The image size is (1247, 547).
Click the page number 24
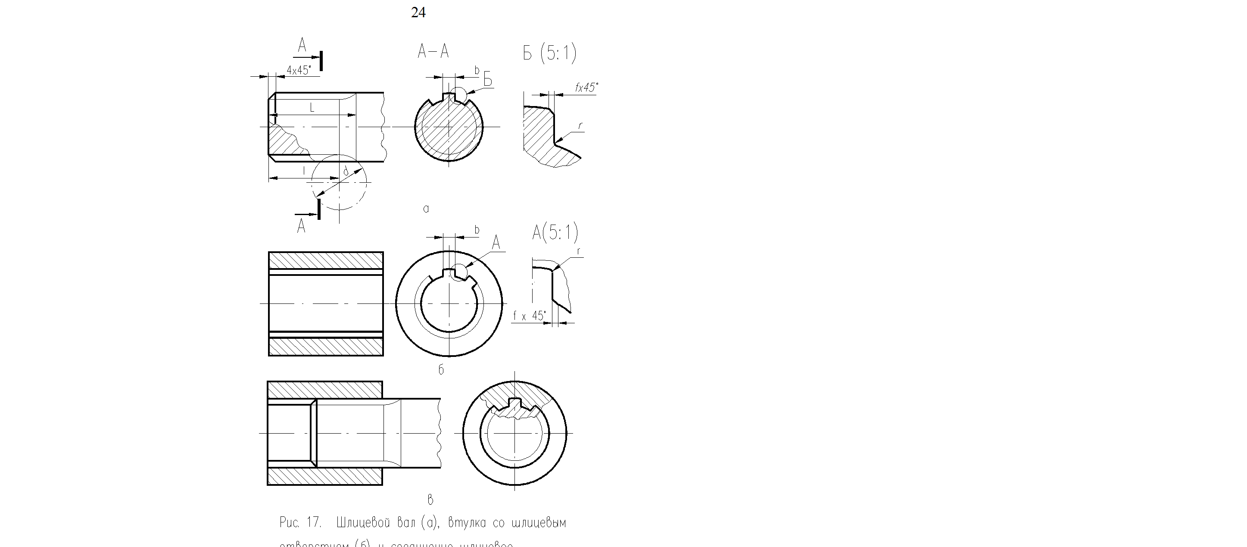418,13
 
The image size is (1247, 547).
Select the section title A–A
433,51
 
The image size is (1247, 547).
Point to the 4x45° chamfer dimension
298,70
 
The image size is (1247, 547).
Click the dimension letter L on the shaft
312,108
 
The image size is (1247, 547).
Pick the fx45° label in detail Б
586,88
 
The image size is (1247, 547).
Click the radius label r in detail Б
580,126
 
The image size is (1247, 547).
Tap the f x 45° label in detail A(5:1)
530,316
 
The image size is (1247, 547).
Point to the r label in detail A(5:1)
579,251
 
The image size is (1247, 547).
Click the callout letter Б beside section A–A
487,79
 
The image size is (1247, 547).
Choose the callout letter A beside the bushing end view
496,243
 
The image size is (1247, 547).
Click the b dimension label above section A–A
477,71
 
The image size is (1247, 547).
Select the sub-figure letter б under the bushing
441,370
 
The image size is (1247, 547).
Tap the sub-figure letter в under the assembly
430,500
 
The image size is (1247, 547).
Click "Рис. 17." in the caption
300,522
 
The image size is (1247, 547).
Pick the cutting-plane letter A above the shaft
302,46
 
